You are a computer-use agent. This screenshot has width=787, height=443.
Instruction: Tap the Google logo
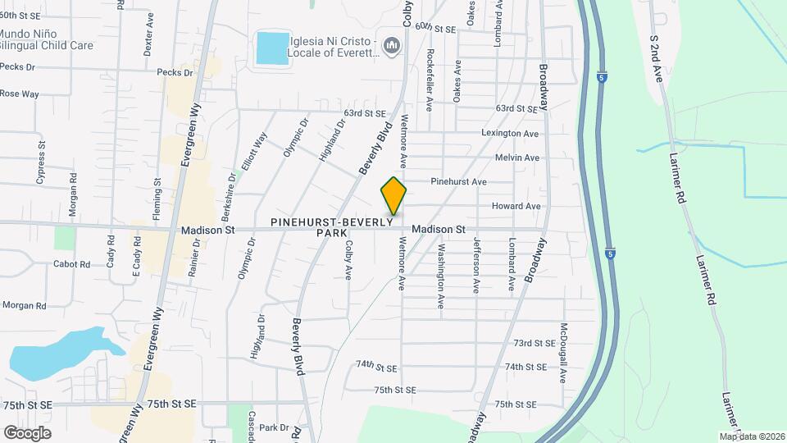pyautogui.click(x=27, y=433)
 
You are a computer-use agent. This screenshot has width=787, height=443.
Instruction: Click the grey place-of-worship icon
pyautogui.click(x=392, y=43)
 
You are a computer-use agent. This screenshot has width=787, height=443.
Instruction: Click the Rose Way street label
pyautogui.click(x=20, y=94)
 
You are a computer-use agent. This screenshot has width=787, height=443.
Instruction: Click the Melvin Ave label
pyautogui.click(x=517, y=158)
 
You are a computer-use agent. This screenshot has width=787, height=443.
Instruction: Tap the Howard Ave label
pyautogui.click(x=516, y=206)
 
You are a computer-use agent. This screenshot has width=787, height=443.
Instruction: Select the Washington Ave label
pyautogui.click(x=441, y=276)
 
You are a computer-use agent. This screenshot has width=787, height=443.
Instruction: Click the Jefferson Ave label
pyautogui.click(x=476, y=265)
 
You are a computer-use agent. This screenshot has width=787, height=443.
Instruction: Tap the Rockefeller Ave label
pyautogui.click(x=430, y=79)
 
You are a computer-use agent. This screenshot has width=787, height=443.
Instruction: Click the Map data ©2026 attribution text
pyautogui.click(x=752, y=436)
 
